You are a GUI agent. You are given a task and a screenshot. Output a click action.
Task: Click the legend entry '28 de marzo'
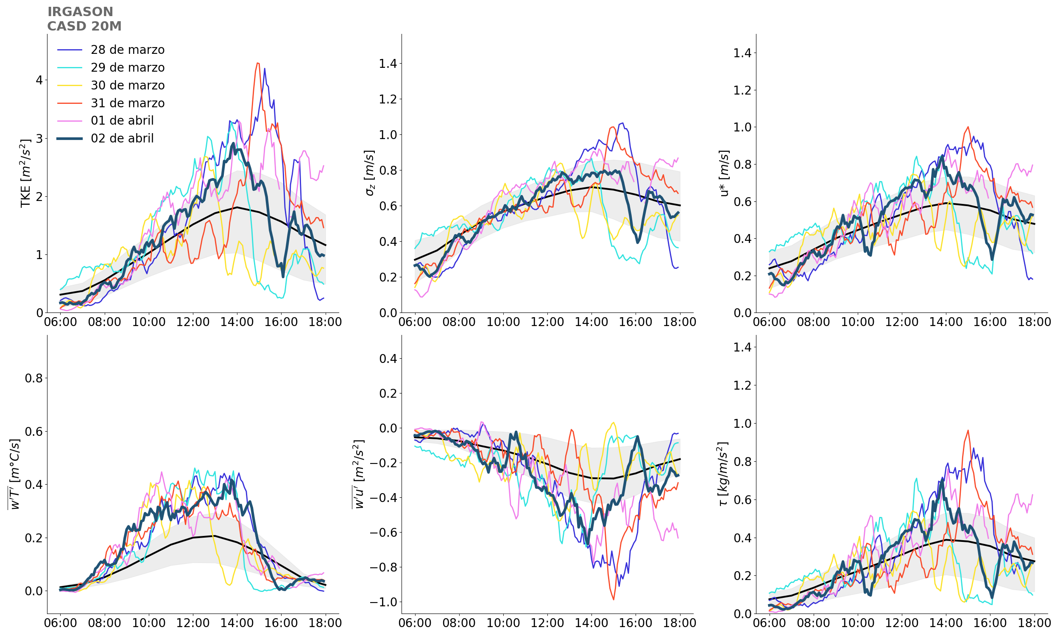[127, 50]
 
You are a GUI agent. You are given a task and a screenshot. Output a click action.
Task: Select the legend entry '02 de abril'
[122, 138]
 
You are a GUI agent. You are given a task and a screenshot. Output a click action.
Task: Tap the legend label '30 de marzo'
[127, 85]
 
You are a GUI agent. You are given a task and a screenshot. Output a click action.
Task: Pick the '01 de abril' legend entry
[122, 120]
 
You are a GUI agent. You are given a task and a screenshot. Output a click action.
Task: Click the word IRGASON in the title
[80, 12]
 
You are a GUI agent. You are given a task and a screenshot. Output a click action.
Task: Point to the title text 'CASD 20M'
[84, 27]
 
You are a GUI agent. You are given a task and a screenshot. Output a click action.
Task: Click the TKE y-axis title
[26, 173]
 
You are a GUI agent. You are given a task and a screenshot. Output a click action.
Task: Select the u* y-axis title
[724, 173]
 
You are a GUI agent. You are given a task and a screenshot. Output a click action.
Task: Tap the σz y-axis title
[369, 173]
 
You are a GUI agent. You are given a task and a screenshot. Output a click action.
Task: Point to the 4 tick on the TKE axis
[39, 80]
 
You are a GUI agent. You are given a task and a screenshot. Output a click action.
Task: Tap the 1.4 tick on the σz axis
[388, 64]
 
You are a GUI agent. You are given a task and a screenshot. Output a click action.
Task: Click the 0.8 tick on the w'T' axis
[33, 379]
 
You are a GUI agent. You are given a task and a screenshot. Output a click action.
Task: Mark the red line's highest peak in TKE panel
[257, 63]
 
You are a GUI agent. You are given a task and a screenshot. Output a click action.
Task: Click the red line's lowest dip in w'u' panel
[614, 599]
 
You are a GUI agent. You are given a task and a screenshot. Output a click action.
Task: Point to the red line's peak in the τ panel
[968, 431]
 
